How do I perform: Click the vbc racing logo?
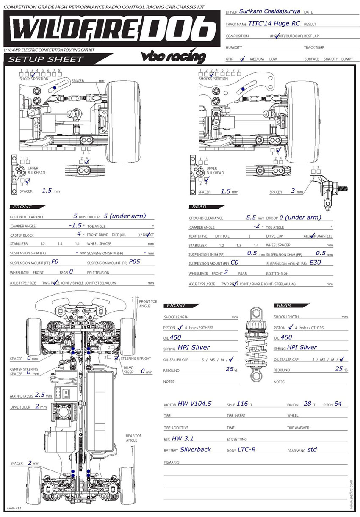(x=173, y=57)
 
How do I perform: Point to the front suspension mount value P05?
(x=135, y=261)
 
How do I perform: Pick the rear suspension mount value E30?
(x=316, y=262)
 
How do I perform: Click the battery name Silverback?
(x=195, y=449)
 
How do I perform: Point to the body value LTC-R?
(x=246, y=449)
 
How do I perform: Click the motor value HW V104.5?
(x=194, y=404)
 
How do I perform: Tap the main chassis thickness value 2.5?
(x=40, y=394)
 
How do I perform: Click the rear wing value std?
(x=312, y=449)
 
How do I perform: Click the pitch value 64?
(x=338, y=404)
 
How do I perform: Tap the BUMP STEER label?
(x=129, y=370)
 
